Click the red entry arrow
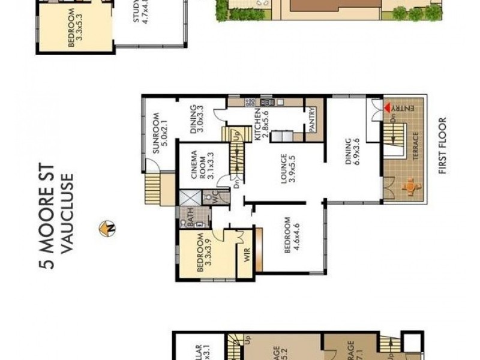pos(388,107)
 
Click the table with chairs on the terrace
pos(410,187)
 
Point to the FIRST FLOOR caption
pos(443,145)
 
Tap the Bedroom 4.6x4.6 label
pos(292,235)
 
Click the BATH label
pos(188,219)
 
